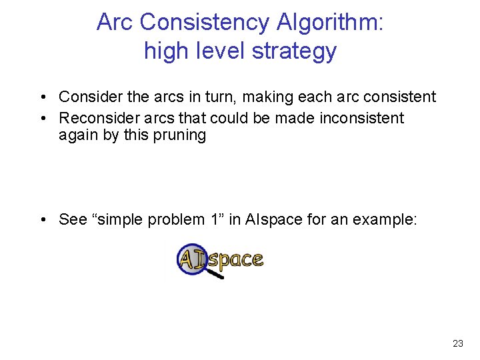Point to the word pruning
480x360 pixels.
181,135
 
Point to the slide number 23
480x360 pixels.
457,343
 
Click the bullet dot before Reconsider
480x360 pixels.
42,119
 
